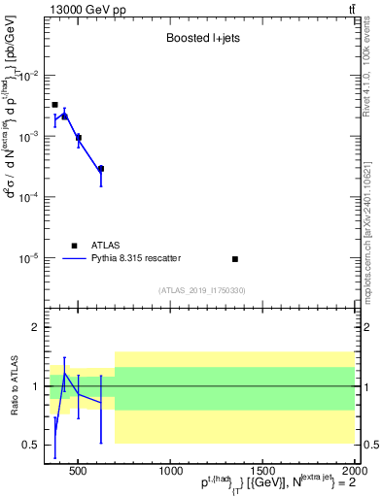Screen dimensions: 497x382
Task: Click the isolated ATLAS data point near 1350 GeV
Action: pyautogui.click(x=235, y=259)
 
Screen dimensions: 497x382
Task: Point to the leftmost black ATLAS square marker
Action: pyautogui.click(x=54, y=104)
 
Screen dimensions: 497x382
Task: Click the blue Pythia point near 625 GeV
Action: pyautogui.click(x=101, y=168)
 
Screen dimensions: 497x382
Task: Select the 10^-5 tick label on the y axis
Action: pyautogui.click(x=31, y=259)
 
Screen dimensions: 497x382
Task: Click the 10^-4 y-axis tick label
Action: pyautogui.click(x=31, y=198)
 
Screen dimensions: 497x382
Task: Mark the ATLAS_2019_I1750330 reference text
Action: pyautogui.click(x=201, y=290)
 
